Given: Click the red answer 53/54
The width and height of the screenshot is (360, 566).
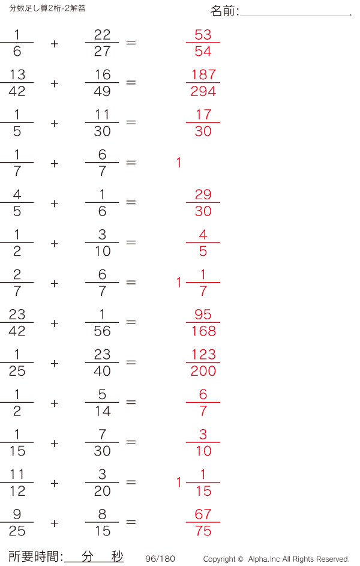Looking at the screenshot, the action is click(203, 43).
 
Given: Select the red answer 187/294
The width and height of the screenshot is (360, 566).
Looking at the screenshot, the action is click(203, 83).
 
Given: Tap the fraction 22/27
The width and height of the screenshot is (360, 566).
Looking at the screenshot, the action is click(102, 43).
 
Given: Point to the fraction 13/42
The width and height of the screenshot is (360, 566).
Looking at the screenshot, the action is click(17, 83).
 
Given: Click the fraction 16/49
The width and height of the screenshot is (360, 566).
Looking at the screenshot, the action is click(102, 83).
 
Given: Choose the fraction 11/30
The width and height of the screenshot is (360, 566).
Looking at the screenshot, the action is click(102, 123).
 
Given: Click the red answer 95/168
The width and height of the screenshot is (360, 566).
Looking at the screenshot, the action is click(203, 323).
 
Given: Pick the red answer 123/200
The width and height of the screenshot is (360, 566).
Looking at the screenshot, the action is click(203, 363).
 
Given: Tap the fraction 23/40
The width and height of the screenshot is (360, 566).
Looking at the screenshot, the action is click(102, 363).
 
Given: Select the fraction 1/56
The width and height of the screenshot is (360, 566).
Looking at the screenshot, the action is click(102, 323).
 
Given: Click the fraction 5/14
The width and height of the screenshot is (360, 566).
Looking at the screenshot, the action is click(102, 403).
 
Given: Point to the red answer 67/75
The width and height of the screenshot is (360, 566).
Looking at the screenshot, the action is click(203, 523).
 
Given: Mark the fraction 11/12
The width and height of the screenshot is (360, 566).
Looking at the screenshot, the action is click(17, 483).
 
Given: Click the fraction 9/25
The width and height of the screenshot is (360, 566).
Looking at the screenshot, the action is click(17, 523).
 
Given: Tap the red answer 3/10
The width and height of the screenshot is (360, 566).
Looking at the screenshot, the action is click(203, 442).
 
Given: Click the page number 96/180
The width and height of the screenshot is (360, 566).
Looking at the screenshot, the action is click(160, 559).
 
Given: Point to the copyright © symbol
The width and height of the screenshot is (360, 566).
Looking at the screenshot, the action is click(240, 559).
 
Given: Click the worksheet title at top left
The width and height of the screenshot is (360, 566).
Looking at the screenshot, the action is click(47, 8).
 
